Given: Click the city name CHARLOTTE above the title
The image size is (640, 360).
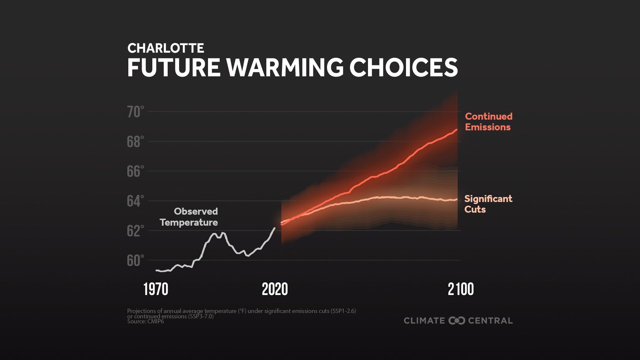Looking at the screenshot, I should (166, 49).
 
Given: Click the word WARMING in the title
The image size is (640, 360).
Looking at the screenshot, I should (285, 68).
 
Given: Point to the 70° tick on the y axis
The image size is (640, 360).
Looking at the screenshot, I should (135, 112).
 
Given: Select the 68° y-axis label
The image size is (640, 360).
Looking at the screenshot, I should (135, 142).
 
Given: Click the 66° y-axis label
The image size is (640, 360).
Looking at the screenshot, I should (135, 172).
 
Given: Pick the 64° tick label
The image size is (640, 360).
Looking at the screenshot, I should (135, 201).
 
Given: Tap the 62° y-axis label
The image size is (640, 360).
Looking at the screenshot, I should (135, 231).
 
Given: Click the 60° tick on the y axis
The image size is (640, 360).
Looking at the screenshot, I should (135, 261).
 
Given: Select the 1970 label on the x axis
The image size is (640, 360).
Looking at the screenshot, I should (156, 289).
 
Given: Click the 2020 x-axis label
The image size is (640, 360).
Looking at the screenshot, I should (275, 289).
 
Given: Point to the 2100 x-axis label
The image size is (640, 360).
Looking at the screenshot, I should (461, 289).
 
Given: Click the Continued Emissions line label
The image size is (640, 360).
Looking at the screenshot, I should (488, 122).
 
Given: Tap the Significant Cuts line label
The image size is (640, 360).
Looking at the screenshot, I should (488, 204).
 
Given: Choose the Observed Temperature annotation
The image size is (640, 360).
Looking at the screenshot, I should (189, 217).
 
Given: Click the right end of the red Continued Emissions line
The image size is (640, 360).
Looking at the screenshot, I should (456, 130).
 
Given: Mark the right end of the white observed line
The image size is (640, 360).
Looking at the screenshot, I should (275, 228).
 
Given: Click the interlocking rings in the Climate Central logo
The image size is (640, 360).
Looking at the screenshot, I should (457, 321).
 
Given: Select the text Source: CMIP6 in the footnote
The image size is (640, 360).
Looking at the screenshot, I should (145, 322).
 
